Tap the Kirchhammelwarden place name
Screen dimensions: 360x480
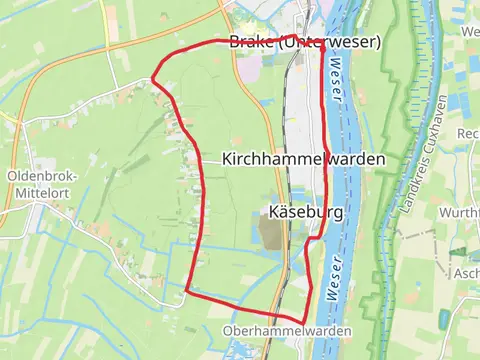(x=303, y=159)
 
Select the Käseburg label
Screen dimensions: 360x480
(x=307, y=212)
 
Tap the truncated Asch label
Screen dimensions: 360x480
(x=465, y=273)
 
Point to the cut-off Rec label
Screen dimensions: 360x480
(x=467, y=134)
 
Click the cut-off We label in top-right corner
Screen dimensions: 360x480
(x=470, y=32)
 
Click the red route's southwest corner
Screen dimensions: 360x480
(x=188, y=291)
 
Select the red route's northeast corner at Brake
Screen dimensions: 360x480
(x=321, y=42)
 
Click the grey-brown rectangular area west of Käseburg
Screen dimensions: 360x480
(x=272, y=233)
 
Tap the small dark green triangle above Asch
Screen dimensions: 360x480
(x=459, y=252)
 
